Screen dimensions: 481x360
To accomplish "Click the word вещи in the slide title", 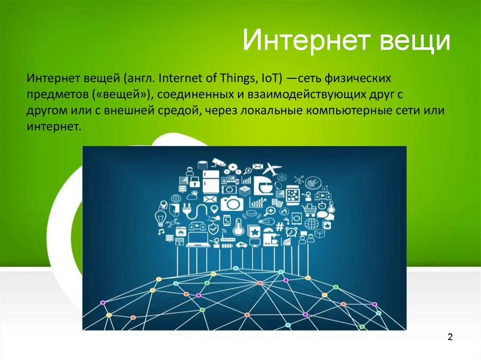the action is point(415,43).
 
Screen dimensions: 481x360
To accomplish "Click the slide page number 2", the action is point(450,337).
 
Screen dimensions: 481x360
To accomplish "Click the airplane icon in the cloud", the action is point(272,169).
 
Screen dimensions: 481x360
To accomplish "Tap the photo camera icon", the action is point(232,203).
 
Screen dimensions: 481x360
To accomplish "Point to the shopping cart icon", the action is point(309,211).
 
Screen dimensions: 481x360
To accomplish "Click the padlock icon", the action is point(194,182).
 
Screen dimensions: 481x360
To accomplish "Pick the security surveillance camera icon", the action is point(219,162).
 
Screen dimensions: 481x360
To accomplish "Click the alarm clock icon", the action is point(291,231).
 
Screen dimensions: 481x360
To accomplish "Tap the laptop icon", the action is point(198,239).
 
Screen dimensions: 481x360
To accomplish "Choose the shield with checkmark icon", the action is point(213,229).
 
